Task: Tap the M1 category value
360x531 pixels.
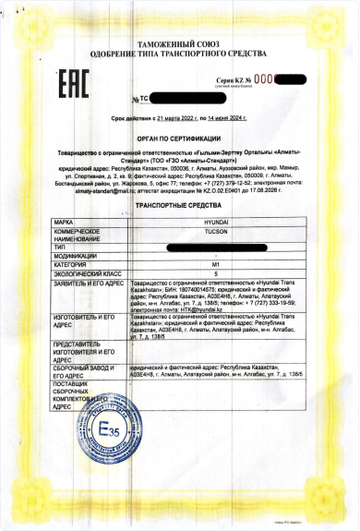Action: pyautogui.click(x=215, y=264)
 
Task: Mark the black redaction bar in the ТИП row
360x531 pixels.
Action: pyautogui.click(x=213, y=247)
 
